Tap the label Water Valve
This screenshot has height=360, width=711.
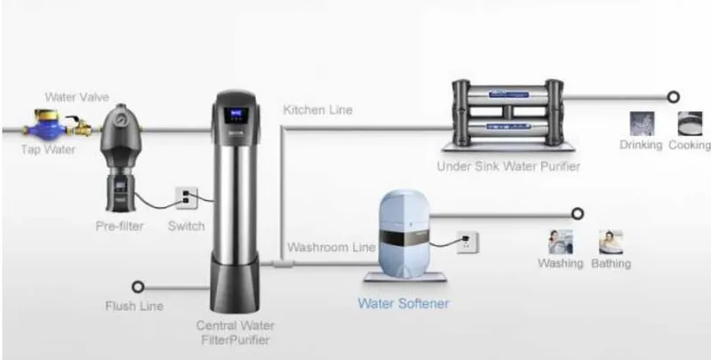tap(76, 97)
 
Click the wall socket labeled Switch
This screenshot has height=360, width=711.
tap(187, 197)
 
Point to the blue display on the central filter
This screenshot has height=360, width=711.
tap(236, 116)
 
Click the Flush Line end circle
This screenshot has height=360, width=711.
tap(138, 286)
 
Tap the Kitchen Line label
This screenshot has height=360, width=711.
tap(317, 109)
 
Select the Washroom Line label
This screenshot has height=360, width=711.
tap(331, 247)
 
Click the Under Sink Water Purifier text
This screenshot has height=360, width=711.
tap(508, 166)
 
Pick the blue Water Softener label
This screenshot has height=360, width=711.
tap(403, 303)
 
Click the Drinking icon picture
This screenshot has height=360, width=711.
tap(642, 124)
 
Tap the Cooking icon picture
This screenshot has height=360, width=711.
tap(690, 124)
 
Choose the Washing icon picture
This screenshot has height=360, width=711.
tap(561, 242)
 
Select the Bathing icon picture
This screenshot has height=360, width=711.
tap(611, 242)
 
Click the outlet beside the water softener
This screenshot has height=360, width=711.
tap(467, 242)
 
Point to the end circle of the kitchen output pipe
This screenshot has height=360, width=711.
tap(674, 97)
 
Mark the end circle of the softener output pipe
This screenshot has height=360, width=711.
tap(577, 213)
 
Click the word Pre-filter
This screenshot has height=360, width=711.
tap(120, 226)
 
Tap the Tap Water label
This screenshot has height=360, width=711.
tap(48, 149)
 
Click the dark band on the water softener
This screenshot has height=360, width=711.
tap(403, 236)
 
